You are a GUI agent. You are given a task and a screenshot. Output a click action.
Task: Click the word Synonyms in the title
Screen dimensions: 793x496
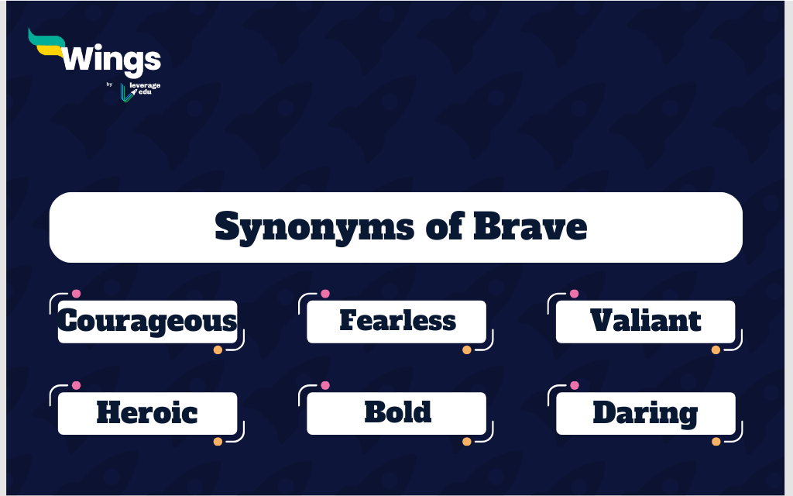coord(314,228)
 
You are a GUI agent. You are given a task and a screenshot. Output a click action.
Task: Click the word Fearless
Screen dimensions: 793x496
coord(397,320)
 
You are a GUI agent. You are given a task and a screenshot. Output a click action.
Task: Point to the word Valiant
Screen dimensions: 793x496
coord(645,320)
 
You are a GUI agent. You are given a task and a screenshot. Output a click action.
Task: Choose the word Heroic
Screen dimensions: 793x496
coord(147,412)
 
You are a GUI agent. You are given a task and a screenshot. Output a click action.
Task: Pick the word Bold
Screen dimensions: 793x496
coord(397,412)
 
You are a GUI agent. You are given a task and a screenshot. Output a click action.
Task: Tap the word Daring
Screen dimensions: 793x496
coord(645,414)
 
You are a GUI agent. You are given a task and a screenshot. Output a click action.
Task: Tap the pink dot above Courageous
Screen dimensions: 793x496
coord(76,294)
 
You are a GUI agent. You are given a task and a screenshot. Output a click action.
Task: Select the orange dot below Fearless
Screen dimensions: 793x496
coord(467,350)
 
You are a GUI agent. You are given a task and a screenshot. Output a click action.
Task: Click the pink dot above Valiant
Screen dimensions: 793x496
coord(574,294)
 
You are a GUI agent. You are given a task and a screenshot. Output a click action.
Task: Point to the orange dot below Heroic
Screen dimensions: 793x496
coord(218,441)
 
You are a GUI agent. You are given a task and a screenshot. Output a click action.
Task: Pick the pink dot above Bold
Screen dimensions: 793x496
coord(325,385)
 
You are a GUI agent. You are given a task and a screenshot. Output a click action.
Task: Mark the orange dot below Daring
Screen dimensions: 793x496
coord(716,441)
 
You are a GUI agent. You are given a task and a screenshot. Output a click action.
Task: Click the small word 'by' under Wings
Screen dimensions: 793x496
coord(109,84)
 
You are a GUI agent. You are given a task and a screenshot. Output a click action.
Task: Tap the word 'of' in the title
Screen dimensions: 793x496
coord(444,226)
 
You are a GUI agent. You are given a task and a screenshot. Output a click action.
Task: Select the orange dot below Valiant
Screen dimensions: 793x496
coord(716,350)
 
